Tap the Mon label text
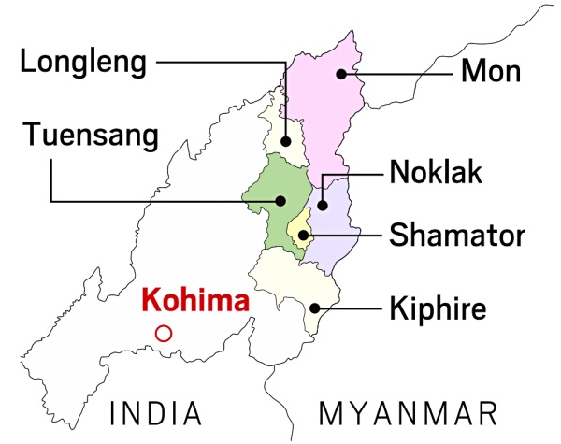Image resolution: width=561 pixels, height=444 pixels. click(x=491, y=70)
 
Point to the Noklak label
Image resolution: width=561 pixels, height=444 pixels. click(x=439, y=173)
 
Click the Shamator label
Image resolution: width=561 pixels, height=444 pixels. click(x=457, y=235)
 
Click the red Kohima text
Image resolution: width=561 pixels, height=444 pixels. click(x=195, y=302)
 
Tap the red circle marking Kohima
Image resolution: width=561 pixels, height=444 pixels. click(x=164, y=332)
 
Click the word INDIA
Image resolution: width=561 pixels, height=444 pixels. click(x=155, y=412)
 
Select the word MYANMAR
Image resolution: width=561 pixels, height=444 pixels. click(x=407, y=412)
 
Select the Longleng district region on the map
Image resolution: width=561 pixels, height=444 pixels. click(x=284, y=131)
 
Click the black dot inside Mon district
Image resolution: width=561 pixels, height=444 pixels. click(x=343, y=72)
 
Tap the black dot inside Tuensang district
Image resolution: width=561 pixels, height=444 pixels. click(x=280, y=199)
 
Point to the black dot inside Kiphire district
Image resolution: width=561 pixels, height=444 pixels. click(x=315, y=308)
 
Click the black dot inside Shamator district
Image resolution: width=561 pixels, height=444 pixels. click(x=303, y=235)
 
